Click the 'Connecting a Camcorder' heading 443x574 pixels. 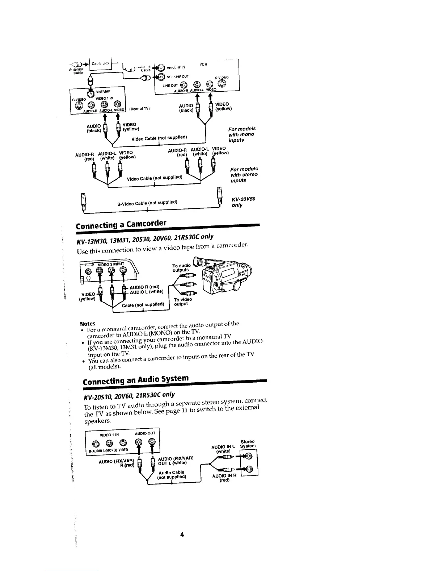tap(121, 224)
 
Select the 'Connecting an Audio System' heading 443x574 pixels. tap(136, 380)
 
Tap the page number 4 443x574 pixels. tap(182, 535)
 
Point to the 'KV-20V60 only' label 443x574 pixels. tap(244, 202)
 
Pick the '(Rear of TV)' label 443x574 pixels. tap(139, 109)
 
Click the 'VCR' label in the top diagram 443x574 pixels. tap(203, 64)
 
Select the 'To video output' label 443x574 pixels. tap(182, 302)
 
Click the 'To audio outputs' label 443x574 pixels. tap(181, 267)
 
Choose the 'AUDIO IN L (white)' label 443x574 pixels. tap(223, 449)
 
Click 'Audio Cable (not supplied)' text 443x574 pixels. tap(172, 475)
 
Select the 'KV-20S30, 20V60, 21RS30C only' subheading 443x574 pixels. tap(129, 394)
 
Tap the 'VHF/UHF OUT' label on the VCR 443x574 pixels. tap(178, 77)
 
